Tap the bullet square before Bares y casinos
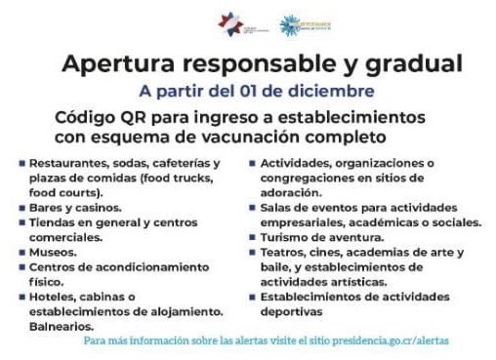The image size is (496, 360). coord(21,207)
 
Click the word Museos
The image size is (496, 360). coord(51,250)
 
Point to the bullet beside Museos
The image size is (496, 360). coord(21,250)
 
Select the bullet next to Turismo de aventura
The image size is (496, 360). coord(255,237)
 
